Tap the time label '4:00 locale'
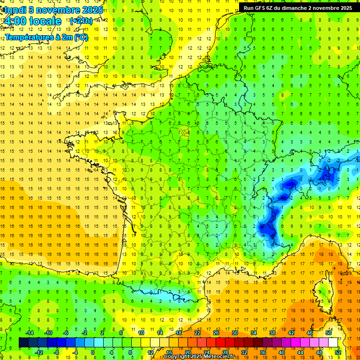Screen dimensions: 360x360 point(32,21)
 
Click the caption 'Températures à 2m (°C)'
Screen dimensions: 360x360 point(46,37)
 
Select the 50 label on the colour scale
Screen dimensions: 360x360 point(328,333)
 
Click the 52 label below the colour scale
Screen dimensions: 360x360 point(338,352)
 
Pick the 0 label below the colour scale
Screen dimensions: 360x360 point(93,352)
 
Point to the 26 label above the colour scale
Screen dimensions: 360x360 point(216,333)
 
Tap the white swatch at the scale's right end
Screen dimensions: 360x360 point(333,343)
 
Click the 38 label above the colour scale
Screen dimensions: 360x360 point(272,333)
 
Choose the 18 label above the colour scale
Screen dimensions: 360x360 point(178,333)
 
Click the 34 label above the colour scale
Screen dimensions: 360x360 point(253,333)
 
